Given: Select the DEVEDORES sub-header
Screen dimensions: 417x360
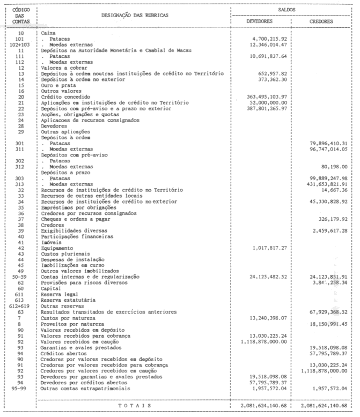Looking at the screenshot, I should [x=260, y=21].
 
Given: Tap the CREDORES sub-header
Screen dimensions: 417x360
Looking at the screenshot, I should [x=321, y=21].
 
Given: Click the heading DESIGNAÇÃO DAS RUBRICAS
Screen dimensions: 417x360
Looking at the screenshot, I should [x=131, y=15].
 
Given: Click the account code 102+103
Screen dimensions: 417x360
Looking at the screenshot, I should [x=20, y=44].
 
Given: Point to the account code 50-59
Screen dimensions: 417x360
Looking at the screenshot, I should [x=20, y=276].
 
